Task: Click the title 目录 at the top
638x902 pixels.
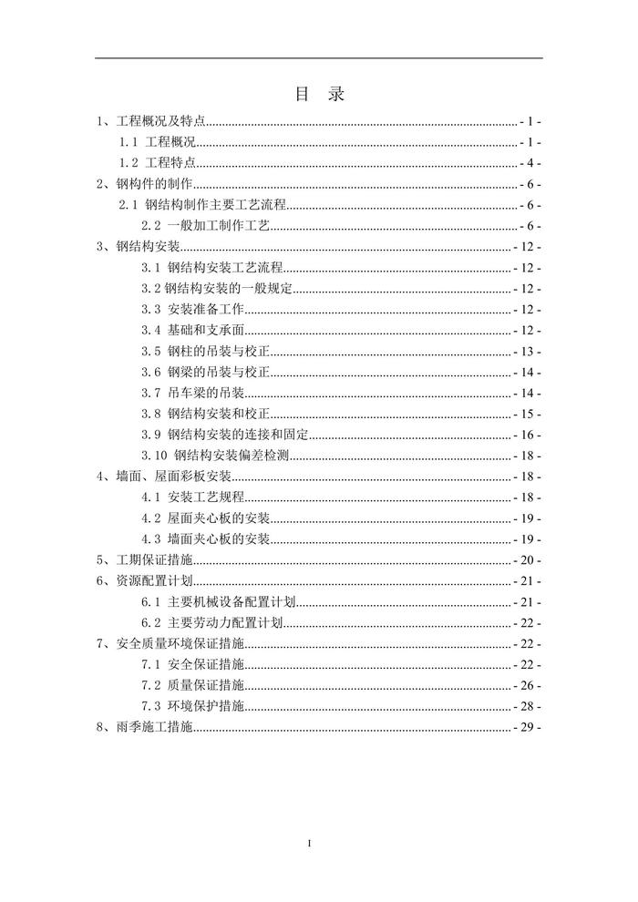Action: click(319, 94)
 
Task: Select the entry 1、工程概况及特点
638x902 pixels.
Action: click(152, 121)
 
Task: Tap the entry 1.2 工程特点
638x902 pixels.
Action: click(158, 163)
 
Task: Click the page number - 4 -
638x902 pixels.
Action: click(530, 163)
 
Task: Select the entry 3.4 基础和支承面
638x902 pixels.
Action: click(192, 331)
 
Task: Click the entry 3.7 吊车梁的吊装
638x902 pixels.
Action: click(192, 394)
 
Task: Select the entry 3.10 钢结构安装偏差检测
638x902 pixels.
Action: click(215, 456)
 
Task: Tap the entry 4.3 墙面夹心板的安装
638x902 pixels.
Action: click(206, 539)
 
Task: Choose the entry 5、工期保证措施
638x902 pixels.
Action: click(145, 560)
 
